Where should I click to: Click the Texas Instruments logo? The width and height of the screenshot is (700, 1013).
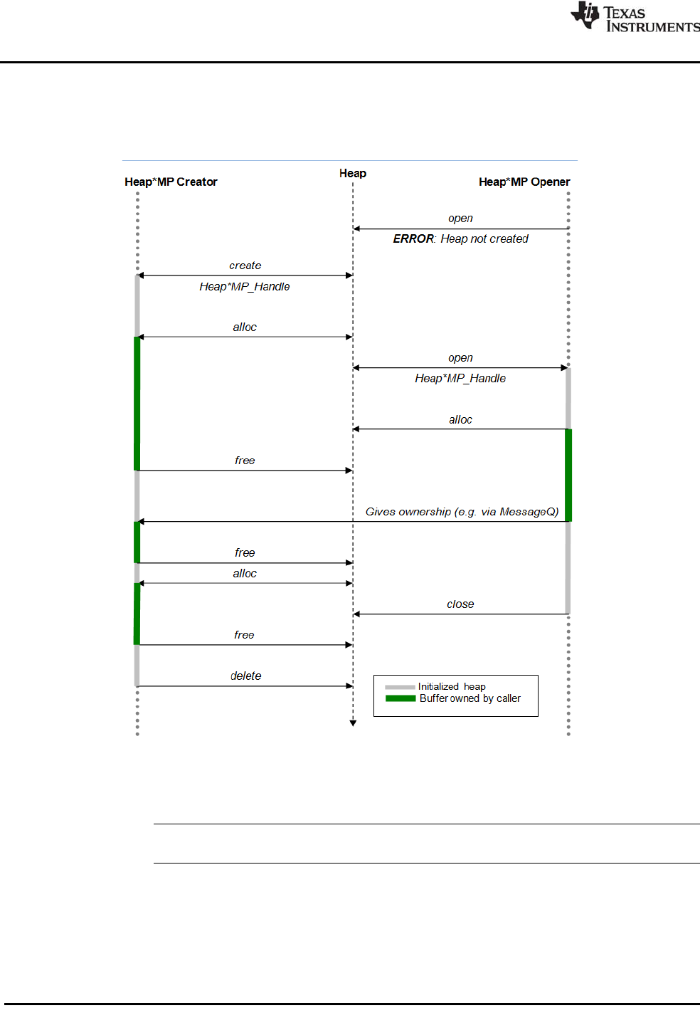635,17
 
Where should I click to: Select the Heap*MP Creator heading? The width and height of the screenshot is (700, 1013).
171,182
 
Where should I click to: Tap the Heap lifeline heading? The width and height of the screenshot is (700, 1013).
353,174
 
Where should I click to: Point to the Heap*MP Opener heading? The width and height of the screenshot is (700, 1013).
524,182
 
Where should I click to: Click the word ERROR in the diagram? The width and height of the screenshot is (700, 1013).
413,239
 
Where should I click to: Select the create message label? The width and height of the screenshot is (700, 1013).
245,266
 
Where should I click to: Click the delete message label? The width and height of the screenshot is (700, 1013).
246,676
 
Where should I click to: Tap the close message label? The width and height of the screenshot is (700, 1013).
460,604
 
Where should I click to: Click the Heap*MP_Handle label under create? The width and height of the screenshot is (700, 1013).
245,287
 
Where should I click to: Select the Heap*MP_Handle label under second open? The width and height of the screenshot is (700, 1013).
460,379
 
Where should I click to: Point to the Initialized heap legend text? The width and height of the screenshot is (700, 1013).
452,687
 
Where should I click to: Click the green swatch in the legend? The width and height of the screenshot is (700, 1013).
401,698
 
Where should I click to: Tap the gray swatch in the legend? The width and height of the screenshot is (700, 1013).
400,687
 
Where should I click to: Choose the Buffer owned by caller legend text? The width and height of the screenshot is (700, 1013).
470,698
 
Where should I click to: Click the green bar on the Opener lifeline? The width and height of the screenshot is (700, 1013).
568,475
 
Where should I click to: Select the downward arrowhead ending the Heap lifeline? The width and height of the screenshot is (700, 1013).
353,723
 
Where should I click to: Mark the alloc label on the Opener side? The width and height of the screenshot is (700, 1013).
460,420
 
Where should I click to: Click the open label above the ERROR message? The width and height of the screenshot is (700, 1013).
460,219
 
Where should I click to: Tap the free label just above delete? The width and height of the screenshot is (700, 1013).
244,635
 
